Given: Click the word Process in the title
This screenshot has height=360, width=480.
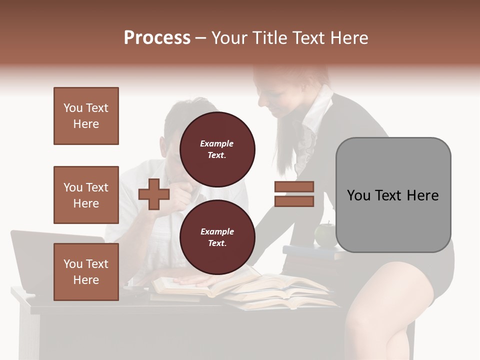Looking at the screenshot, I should pos(157,37).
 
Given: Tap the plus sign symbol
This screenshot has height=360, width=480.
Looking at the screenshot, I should pos(154,194).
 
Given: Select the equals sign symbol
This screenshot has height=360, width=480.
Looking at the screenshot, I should pos(294,194).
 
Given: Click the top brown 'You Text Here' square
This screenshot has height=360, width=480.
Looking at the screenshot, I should pos(86,116).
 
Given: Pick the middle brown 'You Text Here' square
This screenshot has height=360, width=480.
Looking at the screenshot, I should pos(86,195).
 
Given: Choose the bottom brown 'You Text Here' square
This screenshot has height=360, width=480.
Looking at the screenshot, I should pos(86,271).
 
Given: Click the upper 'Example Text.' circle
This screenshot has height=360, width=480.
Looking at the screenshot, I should pos(217,149).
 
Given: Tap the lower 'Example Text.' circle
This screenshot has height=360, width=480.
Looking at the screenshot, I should pos(217,237).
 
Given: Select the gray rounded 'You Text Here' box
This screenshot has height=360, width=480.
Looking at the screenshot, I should pos(393,195).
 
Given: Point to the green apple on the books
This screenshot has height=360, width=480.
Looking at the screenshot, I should pos(324,234).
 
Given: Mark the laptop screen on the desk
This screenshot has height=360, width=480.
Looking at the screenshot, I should pos(35,260).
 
